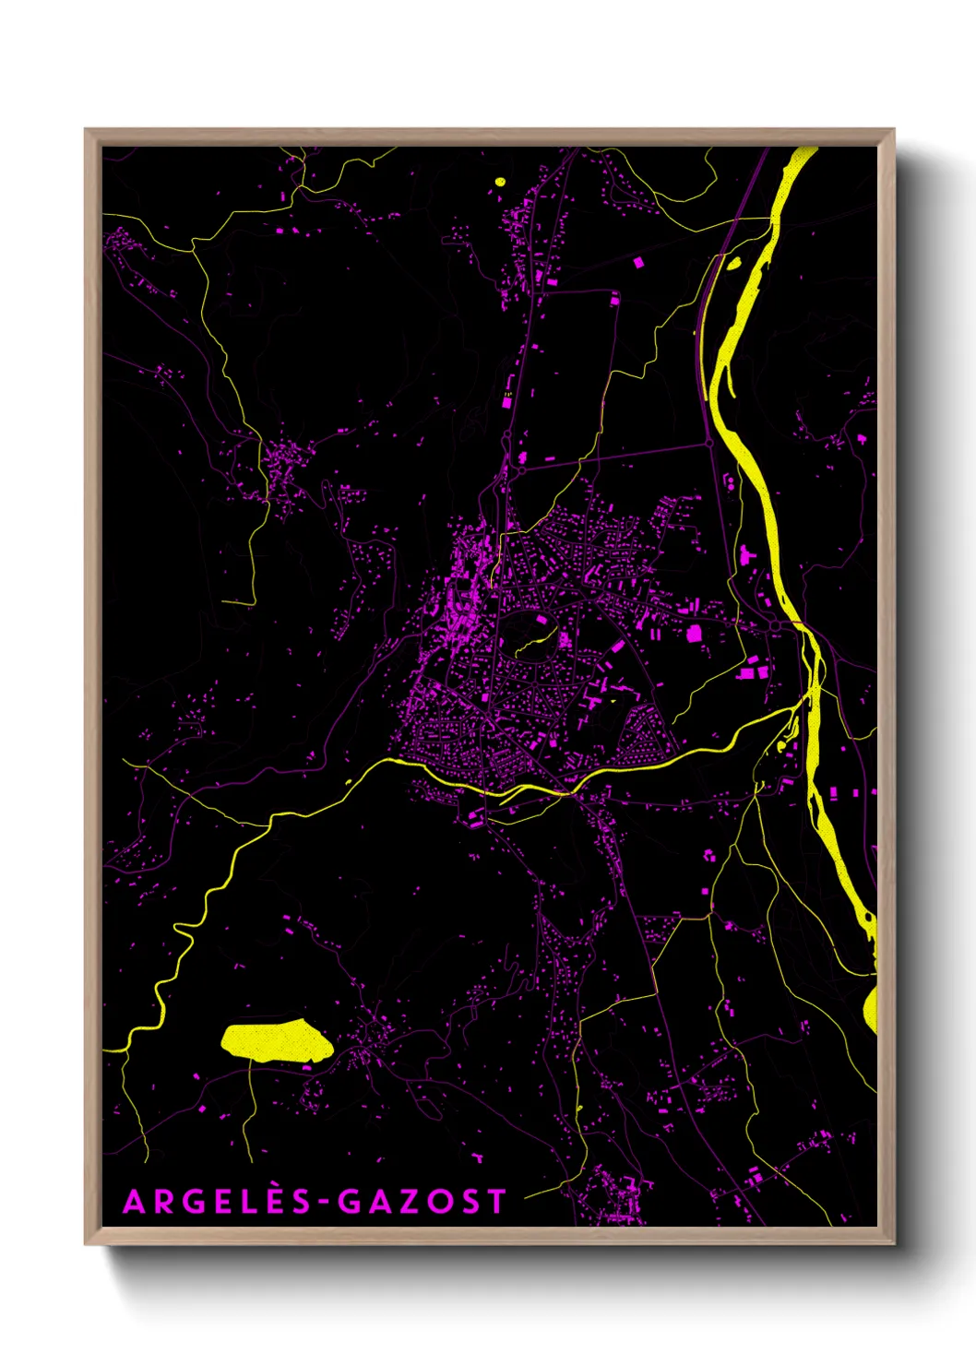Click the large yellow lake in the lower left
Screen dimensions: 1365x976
pyautogui.click(x=275, y=1041)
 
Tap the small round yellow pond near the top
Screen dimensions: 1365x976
pyautogui.click(x=501, y=182)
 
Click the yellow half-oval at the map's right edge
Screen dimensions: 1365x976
pyautogui.click(x=871, y=1009)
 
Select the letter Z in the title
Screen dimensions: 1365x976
pyautogui.click(x=403, y=1202)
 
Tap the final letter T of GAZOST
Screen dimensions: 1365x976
pyautogui.click(x=496, y=1202)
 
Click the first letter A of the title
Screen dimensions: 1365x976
pyautogui.click(x=134, y=1202)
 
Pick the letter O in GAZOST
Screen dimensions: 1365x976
pyautogui.click(x=435, y=1202)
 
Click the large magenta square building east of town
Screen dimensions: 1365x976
pyautogui.click(x=694, y=633)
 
